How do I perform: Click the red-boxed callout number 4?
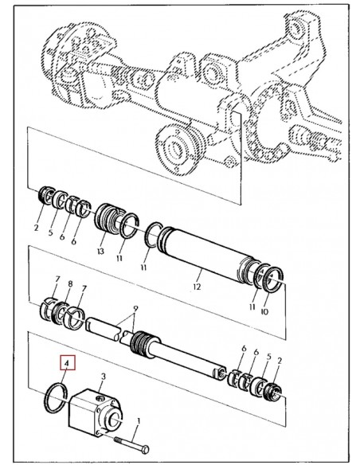67,363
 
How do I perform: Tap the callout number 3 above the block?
104,377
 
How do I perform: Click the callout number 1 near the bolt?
139,421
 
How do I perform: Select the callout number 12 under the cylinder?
197,287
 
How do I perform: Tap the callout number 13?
100,252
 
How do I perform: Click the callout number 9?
135,308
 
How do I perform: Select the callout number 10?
264,311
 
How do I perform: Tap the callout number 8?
70,283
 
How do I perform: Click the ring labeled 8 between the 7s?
59,313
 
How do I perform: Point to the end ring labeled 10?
274,279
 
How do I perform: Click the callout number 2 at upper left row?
36,228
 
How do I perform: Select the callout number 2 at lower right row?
280,361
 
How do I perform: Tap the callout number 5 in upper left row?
50,232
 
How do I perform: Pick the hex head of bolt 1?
145,450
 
